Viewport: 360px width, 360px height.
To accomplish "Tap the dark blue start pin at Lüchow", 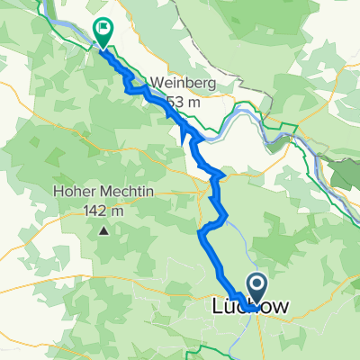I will tap(256, 290).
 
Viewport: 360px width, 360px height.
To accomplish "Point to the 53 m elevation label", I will tap(192, 100).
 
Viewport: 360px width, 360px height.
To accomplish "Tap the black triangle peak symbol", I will tap(104, 231).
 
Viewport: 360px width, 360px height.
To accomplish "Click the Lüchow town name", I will tap(249, 308).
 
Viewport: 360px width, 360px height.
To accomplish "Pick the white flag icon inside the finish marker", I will tap(103, 29).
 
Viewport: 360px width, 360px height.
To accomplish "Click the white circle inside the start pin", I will tap(256, 285).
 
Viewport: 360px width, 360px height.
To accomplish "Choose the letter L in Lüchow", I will tap(216, 308).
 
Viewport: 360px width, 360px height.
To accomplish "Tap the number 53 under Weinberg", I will tap(184, 100).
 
